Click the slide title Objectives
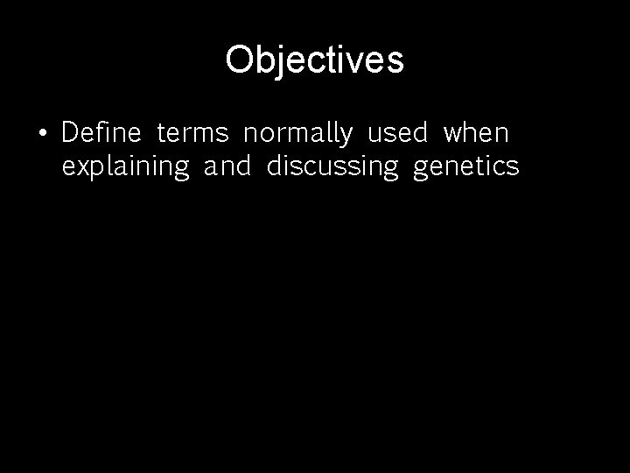pyautogui.click(x=314, y=60)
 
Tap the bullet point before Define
pyautogui.click(x=42, y=134)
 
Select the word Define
pyautogui.click(x=101, y=134)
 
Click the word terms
pyautogui.click(x=192, y=134)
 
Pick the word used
pyautogui.click(x=397, y=134)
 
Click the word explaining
pyautogui.click(x=126, y=167)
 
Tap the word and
pyautogui.click(x=227, y=166)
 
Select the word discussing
pyautogui.click(x=332, y=167)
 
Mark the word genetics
pyautogui.click(x=465, y=167)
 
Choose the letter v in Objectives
pyautogui.click(x=353, y=62)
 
